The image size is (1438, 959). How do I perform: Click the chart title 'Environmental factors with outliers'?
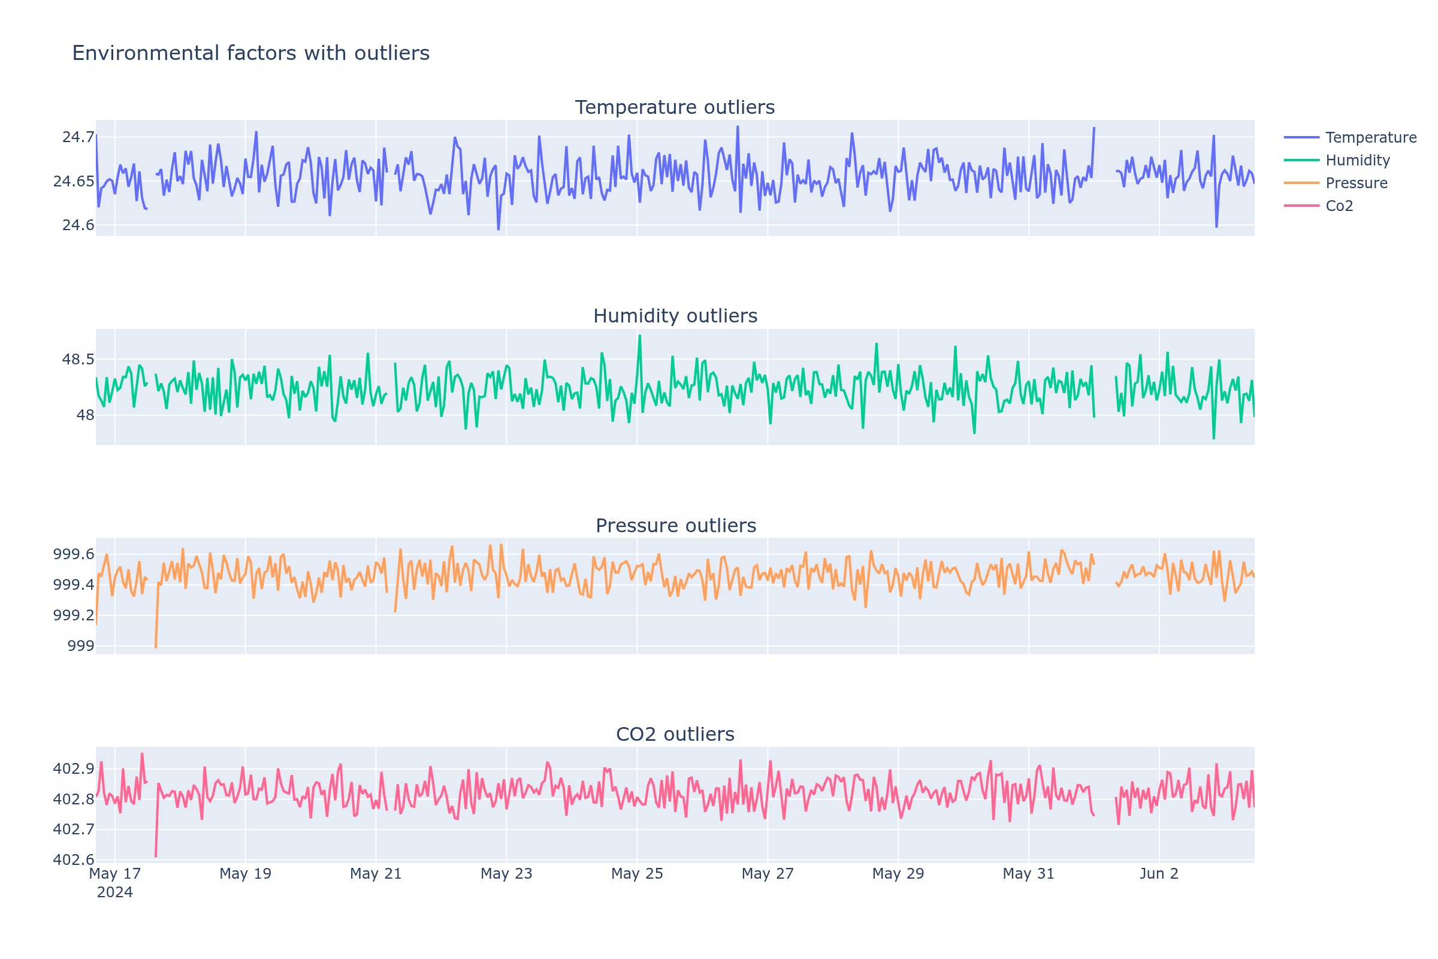[x=250, y=53]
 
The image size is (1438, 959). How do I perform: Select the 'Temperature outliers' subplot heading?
[x=675, y=108]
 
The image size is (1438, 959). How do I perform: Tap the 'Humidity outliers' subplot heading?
[x=675, y=316]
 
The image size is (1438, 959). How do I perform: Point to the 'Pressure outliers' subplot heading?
[x=676, y=526]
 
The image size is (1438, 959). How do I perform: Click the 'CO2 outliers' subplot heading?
[x=675, y=735]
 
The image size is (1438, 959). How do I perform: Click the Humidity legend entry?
[x=1357, y=160]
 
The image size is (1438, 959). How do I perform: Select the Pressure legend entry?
[x=1356, y=183]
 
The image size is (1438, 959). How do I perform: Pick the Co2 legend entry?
[x=1339, y=206]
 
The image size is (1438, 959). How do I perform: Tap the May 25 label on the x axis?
[x=637, y=874]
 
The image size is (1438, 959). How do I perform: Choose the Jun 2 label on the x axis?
[x=1159, y=874]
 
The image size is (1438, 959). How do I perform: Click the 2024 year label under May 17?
[x=115, y=892]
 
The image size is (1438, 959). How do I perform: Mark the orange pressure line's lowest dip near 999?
[x=156, y=647]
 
